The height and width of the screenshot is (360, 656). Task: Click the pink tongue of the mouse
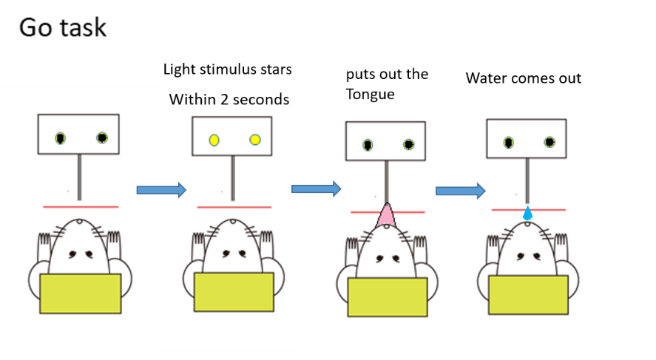click(x=385, y=216)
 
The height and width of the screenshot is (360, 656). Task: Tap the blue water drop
click(x=527, y=214)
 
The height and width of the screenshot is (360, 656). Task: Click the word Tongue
click(x=371, y=94)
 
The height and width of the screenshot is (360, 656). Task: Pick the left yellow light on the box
click(x=214, y=140)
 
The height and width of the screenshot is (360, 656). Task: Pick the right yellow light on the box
click(x=255, y=139)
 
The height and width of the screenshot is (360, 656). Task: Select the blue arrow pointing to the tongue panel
click(x=316, y=189)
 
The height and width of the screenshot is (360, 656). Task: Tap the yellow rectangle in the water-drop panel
click(x=527, y=294)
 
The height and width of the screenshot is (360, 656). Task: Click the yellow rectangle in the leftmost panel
click(x=81, y=293)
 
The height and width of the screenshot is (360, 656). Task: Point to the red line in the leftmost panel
click(x=81, y=206)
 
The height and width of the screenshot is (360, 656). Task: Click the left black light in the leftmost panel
click(x=60, y=137)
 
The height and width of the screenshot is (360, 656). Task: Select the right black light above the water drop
click(x=550, y=142)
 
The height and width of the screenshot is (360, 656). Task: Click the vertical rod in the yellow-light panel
click(x=233, y=178)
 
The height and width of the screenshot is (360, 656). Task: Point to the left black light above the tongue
click(x=368, y=145)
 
